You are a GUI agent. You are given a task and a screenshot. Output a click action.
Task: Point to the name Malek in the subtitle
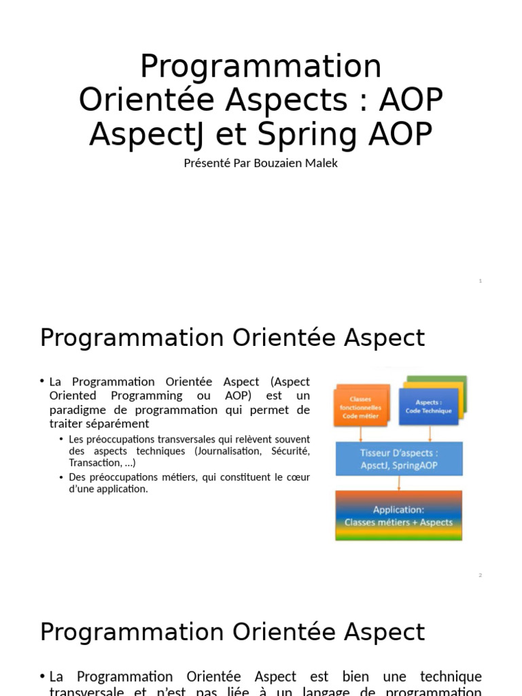point(322,163)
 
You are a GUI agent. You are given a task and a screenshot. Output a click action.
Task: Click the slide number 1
point(481,281)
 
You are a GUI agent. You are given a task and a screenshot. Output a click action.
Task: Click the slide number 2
point(481,575)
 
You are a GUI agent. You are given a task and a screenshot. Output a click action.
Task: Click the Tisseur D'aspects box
point(399,459)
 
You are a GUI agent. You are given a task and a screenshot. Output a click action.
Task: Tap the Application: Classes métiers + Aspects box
point(398,515)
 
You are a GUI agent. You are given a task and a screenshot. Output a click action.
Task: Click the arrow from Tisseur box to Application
point(399,483)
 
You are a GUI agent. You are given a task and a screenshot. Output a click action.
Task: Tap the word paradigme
point(77,410)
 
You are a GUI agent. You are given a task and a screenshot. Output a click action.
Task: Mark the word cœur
point(297,477)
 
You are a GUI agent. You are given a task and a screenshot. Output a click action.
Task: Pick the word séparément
point(116,424)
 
